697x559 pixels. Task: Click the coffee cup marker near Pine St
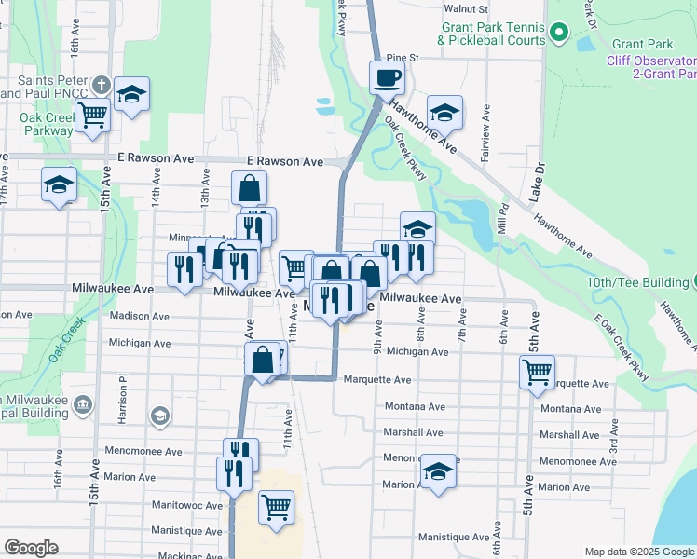(387, 78)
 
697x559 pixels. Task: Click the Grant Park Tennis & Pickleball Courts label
(491, 34)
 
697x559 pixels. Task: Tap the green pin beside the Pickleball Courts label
(559, 34)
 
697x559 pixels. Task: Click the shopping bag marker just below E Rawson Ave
(250, 187)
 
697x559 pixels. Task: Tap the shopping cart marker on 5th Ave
(538, 372)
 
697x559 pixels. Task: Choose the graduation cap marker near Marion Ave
(438, 470)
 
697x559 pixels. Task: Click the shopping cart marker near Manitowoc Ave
(277, 508)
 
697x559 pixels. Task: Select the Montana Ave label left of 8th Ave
(415, 407)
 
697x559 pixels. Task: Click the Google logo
(31, 548)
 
